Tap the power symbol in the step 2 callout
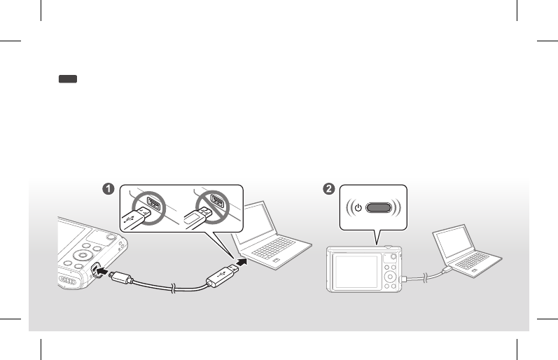(x=358, y=208)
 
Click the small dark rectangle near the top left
(x=67, y=81)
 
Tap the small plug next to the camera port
(x=120, y=277)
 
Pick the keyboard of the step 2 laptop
(x=477, y=260)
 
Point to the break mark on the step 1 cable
(x=171, y=285)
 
